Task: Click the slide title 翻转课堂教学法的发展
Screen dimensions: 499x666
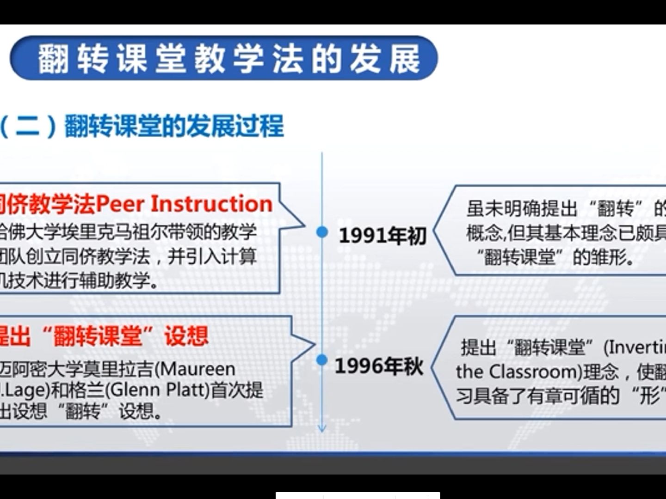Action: pyautogui.click(x=229, y=59)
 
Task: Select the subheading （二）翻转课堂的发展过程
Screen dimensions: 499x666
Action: pyautogui.click(x=141, y=126)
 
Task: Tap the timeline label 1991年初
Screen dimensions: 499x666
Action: pyautogui.click(x=382, y=236)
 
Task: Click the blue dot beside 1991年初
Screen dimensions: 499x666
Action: pyautogui.click(x=322, y=232)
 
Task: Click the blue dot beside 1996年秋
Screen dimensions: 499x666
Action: pyautogui.click(x=322, y=359)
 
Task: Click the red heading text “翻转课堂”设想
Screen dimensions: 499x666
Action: pyautogui.click(x=125, y=336)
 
